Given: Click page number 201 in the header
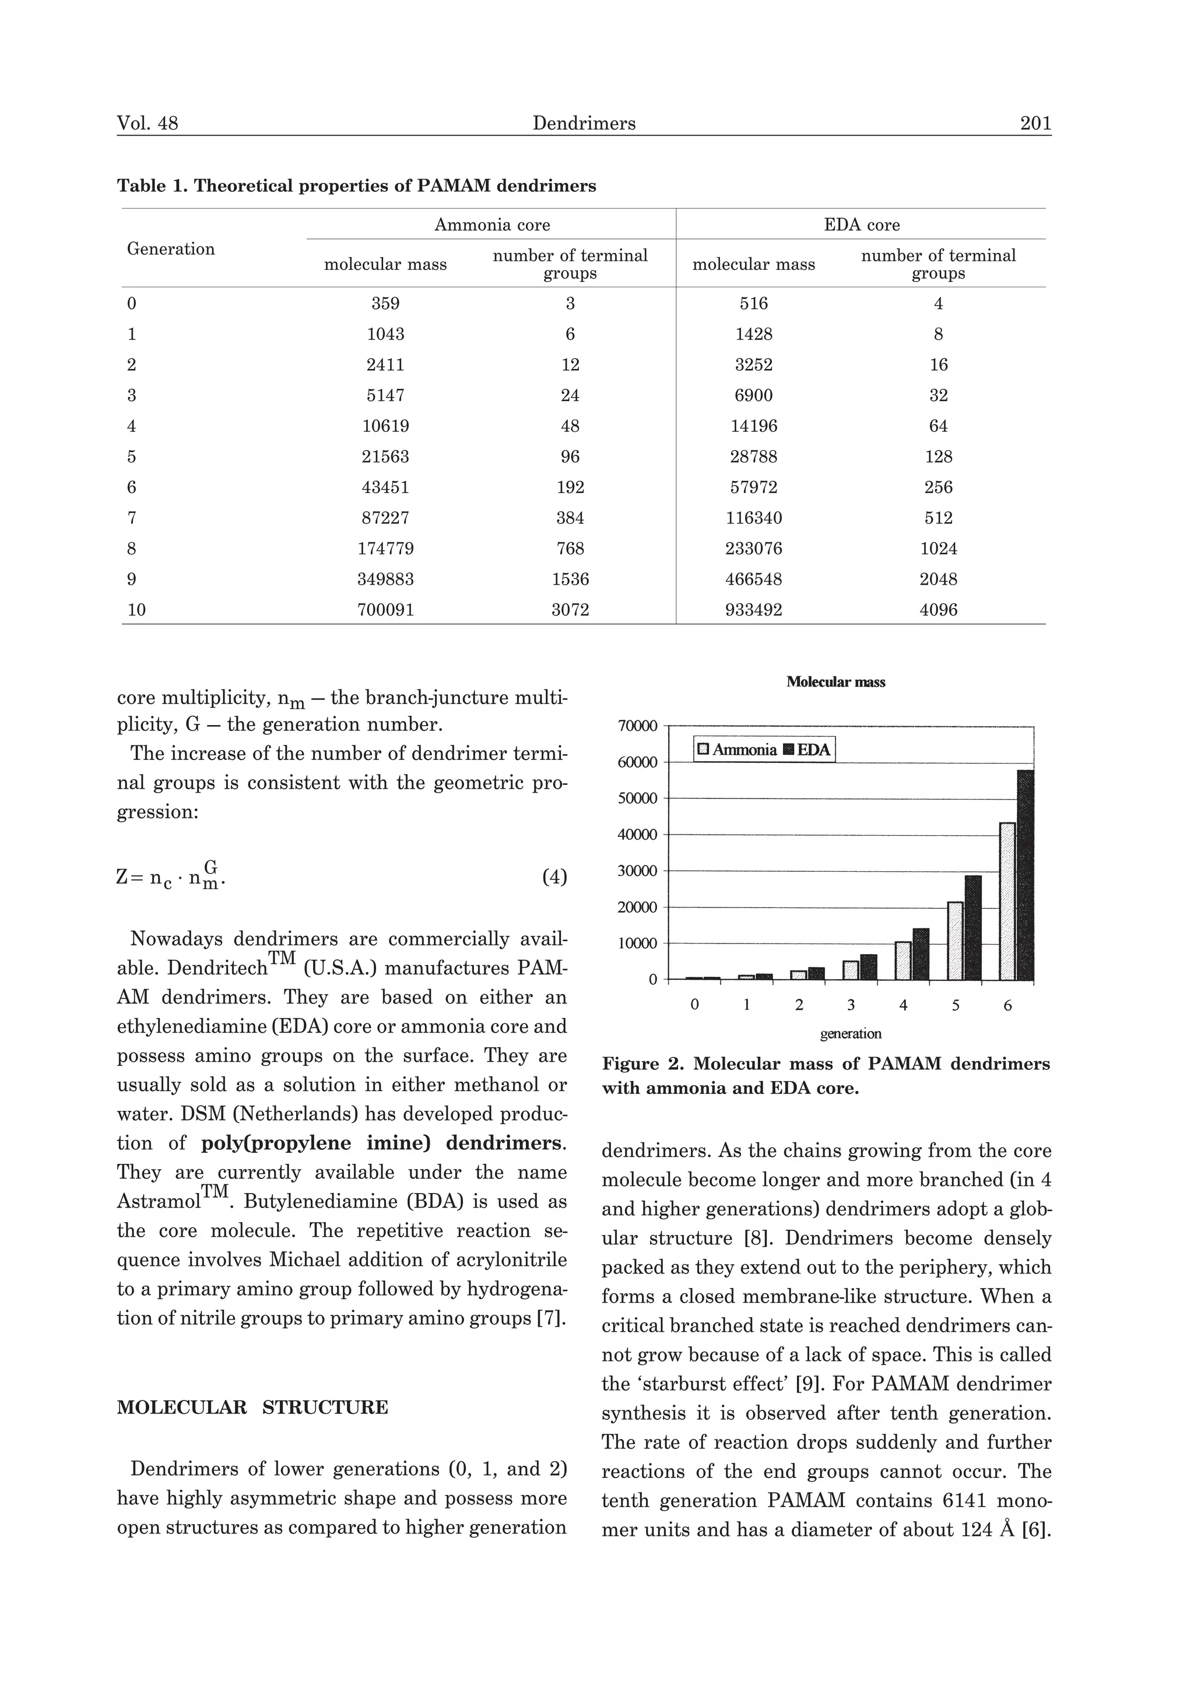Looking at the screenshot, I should click(x=1035, y=123).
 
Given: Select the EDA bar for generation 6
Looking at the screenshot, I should click(x=1025, y=875).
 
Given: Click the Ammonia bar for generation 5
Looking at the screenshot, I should click(x=955, y=941).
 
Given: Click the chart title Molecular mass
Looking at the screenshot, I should click(x=835, y=682).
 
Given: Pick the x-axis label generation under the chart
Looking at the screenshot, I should click(x=851, y=1033).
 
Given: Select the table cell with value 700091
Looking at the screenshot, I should click(x=385, y=610).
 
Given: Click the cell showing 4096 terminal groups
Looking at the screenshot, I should click(x=938, y=610).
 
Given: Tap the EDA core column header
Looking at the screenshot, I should click(x=862, y=225).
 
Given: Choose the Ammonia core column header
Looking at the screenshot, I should click(x=491, y=225).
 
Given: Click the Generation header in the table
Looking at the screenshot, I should click(x=171, y=249).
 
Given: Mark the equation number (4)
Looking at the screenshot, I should click(x=554, y=877).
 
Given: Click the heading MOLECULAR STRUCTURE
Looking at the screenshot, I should click(x=252, y=1407).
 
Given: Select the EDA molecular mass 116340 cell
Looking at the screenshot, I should click(x=753, y=518).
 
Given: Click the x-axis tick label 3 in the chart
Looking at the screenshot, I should click(x=851, y=1005).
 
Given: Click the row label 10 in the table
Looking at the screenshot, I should click(x=137, y=610).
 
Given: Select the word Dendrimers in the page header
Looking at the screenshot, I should click(x=584, y=123).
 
